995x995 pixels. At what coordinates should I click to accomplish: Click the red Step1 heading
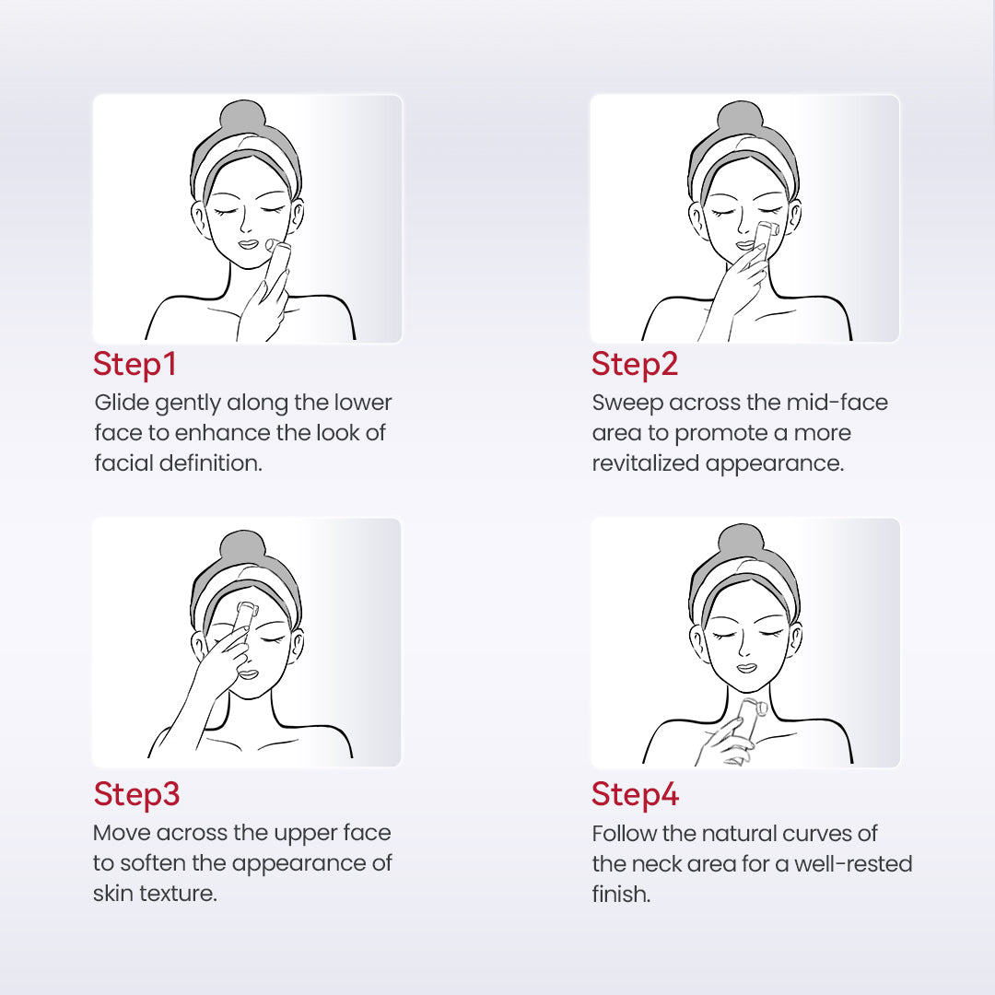click(135, 364)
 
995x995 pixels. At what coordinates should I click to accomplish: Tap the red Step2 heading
click(635, 364)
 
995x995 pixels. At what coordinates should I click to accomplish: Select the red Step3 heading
click(136, 794)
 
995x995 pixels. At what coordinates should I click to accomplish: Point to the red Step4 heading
click(635, 794)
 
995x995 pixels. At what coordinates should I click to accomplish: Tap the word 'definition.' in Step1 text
click(210, 462)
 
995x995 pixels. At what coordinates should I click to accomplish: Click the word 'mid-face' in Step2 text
click(837, 403)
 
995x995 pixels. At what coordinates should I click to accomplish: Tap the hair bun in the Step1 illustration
click(243, 117)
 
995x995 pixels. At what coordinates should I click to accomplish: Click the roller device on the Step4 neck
click(749, 720)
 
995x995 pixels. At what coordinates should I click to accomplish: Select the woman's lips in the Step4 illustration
click(747, 668)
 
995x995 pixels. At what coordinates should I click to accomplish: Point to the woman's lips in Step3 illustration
click(248, 673)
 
